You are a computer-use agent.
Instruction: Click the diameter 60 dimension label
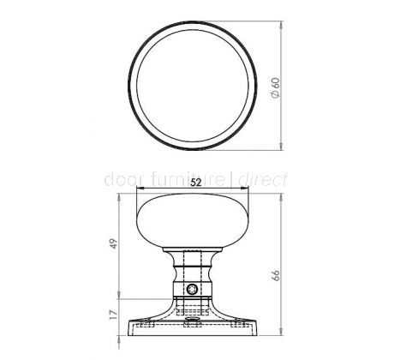[276, 87]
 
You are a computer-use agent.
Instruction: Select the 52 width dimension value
[196, 183]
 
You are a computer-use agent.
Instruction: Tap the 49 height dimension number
[114, 243]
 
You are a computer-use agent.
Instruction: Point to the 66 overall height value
[276, 275]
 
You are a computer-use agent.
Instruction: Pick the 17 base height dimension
[114, 315]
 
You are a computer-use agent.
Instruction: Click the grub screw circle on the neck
[192, 290]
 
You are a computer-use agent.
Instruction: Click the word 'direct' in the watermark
[263, 180]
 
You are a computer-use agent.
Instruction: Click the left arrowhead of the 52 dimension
[140, 188]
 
